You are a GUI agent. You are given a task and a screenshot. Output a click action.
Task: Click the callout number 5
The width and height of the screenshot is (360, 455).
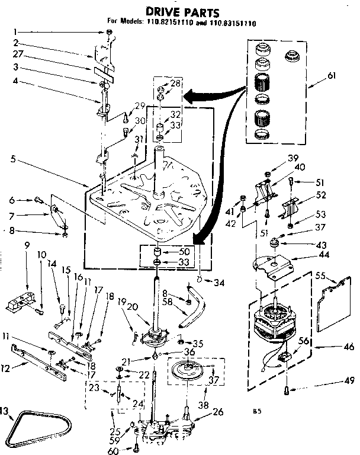point(13,159)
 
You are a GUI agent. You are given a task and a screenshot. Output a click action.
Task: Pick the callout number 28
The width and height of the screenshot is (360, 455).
point(175,83)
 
